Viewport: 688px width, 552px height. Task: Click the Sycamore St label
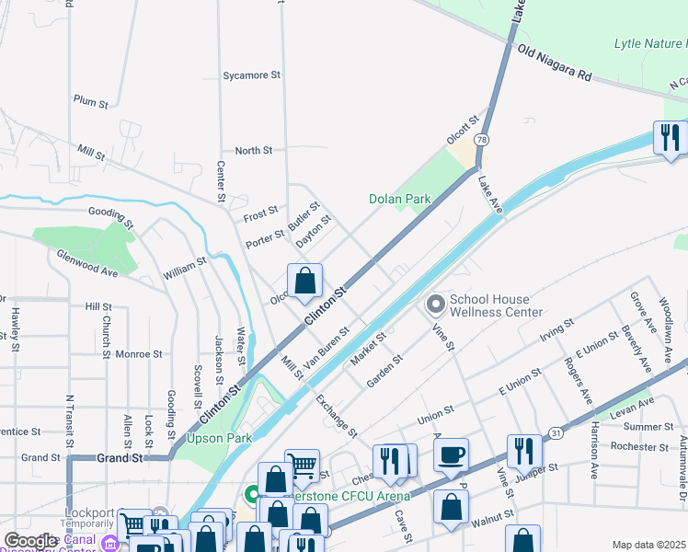tap(251, 75)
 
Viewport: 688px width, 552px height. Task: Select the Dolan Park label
tap(399, 198)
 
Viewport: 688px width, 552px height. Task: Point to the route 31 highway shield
tap(555, 431)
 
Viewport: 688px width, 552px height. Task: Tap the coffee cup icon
tap(451, 455)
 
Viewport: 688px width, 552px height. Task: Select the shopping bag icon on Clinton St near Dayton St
tap(304, 281)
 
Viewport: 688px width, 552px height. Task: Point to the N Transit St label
tap(69, 422)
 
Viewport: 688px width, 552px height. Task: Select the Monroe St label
tap(139, 353)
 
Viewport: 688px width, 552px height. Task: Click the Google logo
tap(30, 541)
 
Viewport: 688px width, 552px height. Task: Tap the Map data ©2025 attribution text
tap(648, 545)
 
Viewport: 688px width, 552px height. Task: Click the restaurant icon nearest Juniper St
tap(524, 451)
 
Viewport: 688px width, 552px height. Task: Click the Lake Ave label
tap(490, 197)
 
